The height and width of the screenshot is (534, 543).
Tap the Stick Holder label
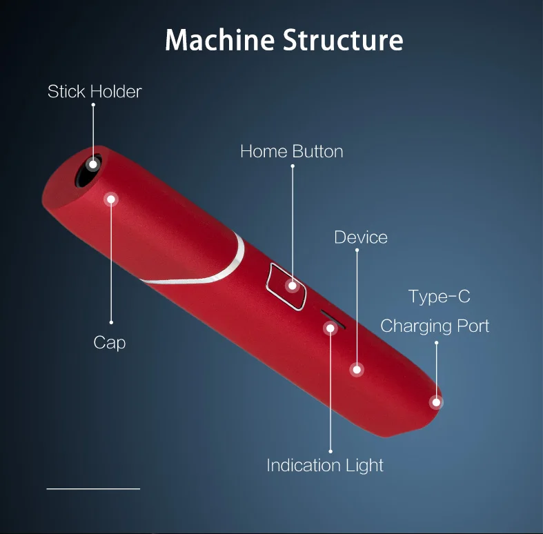point(95,91)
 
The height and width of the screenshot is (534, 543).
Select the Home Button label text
point(291,151)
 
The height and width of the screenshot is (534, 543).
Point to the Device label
point(360,237)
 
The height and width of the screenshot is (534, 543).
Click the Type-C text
point(439,297)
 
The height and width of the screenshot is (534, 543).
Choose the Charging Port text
point(435,326)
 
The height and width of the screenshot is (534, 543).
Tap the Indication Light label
point(325,465)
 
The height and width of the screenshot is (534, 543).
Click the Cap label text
point(110,342)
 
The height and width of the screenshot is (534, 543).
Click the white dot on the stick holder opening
point(92,164)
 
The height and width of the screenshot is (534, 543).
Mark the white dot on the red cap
point(110,199)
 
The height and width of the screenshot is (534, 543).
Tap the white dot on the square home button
point(293,286)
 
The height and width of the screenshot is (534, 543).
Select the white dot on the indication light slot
point(330,328)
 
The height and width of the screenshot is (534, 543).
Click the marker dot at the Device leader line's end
point(357,370)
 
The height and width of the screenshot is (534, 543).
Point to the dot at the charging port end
point(435,402)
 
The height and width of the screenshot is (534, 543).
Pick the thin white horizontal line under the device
point(93,488)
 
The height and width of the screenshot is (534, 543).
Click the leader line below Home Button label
point(293,221)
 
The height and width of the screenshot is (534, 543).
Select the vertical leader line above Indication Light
point(330,393)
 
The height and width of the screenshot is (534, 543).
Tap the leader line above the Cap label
point(110,262)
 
